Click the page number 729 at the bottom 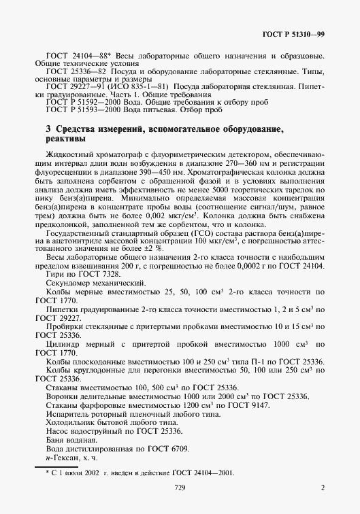(x=180, y=487)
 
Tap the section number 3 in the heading (x=48, y=128)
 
